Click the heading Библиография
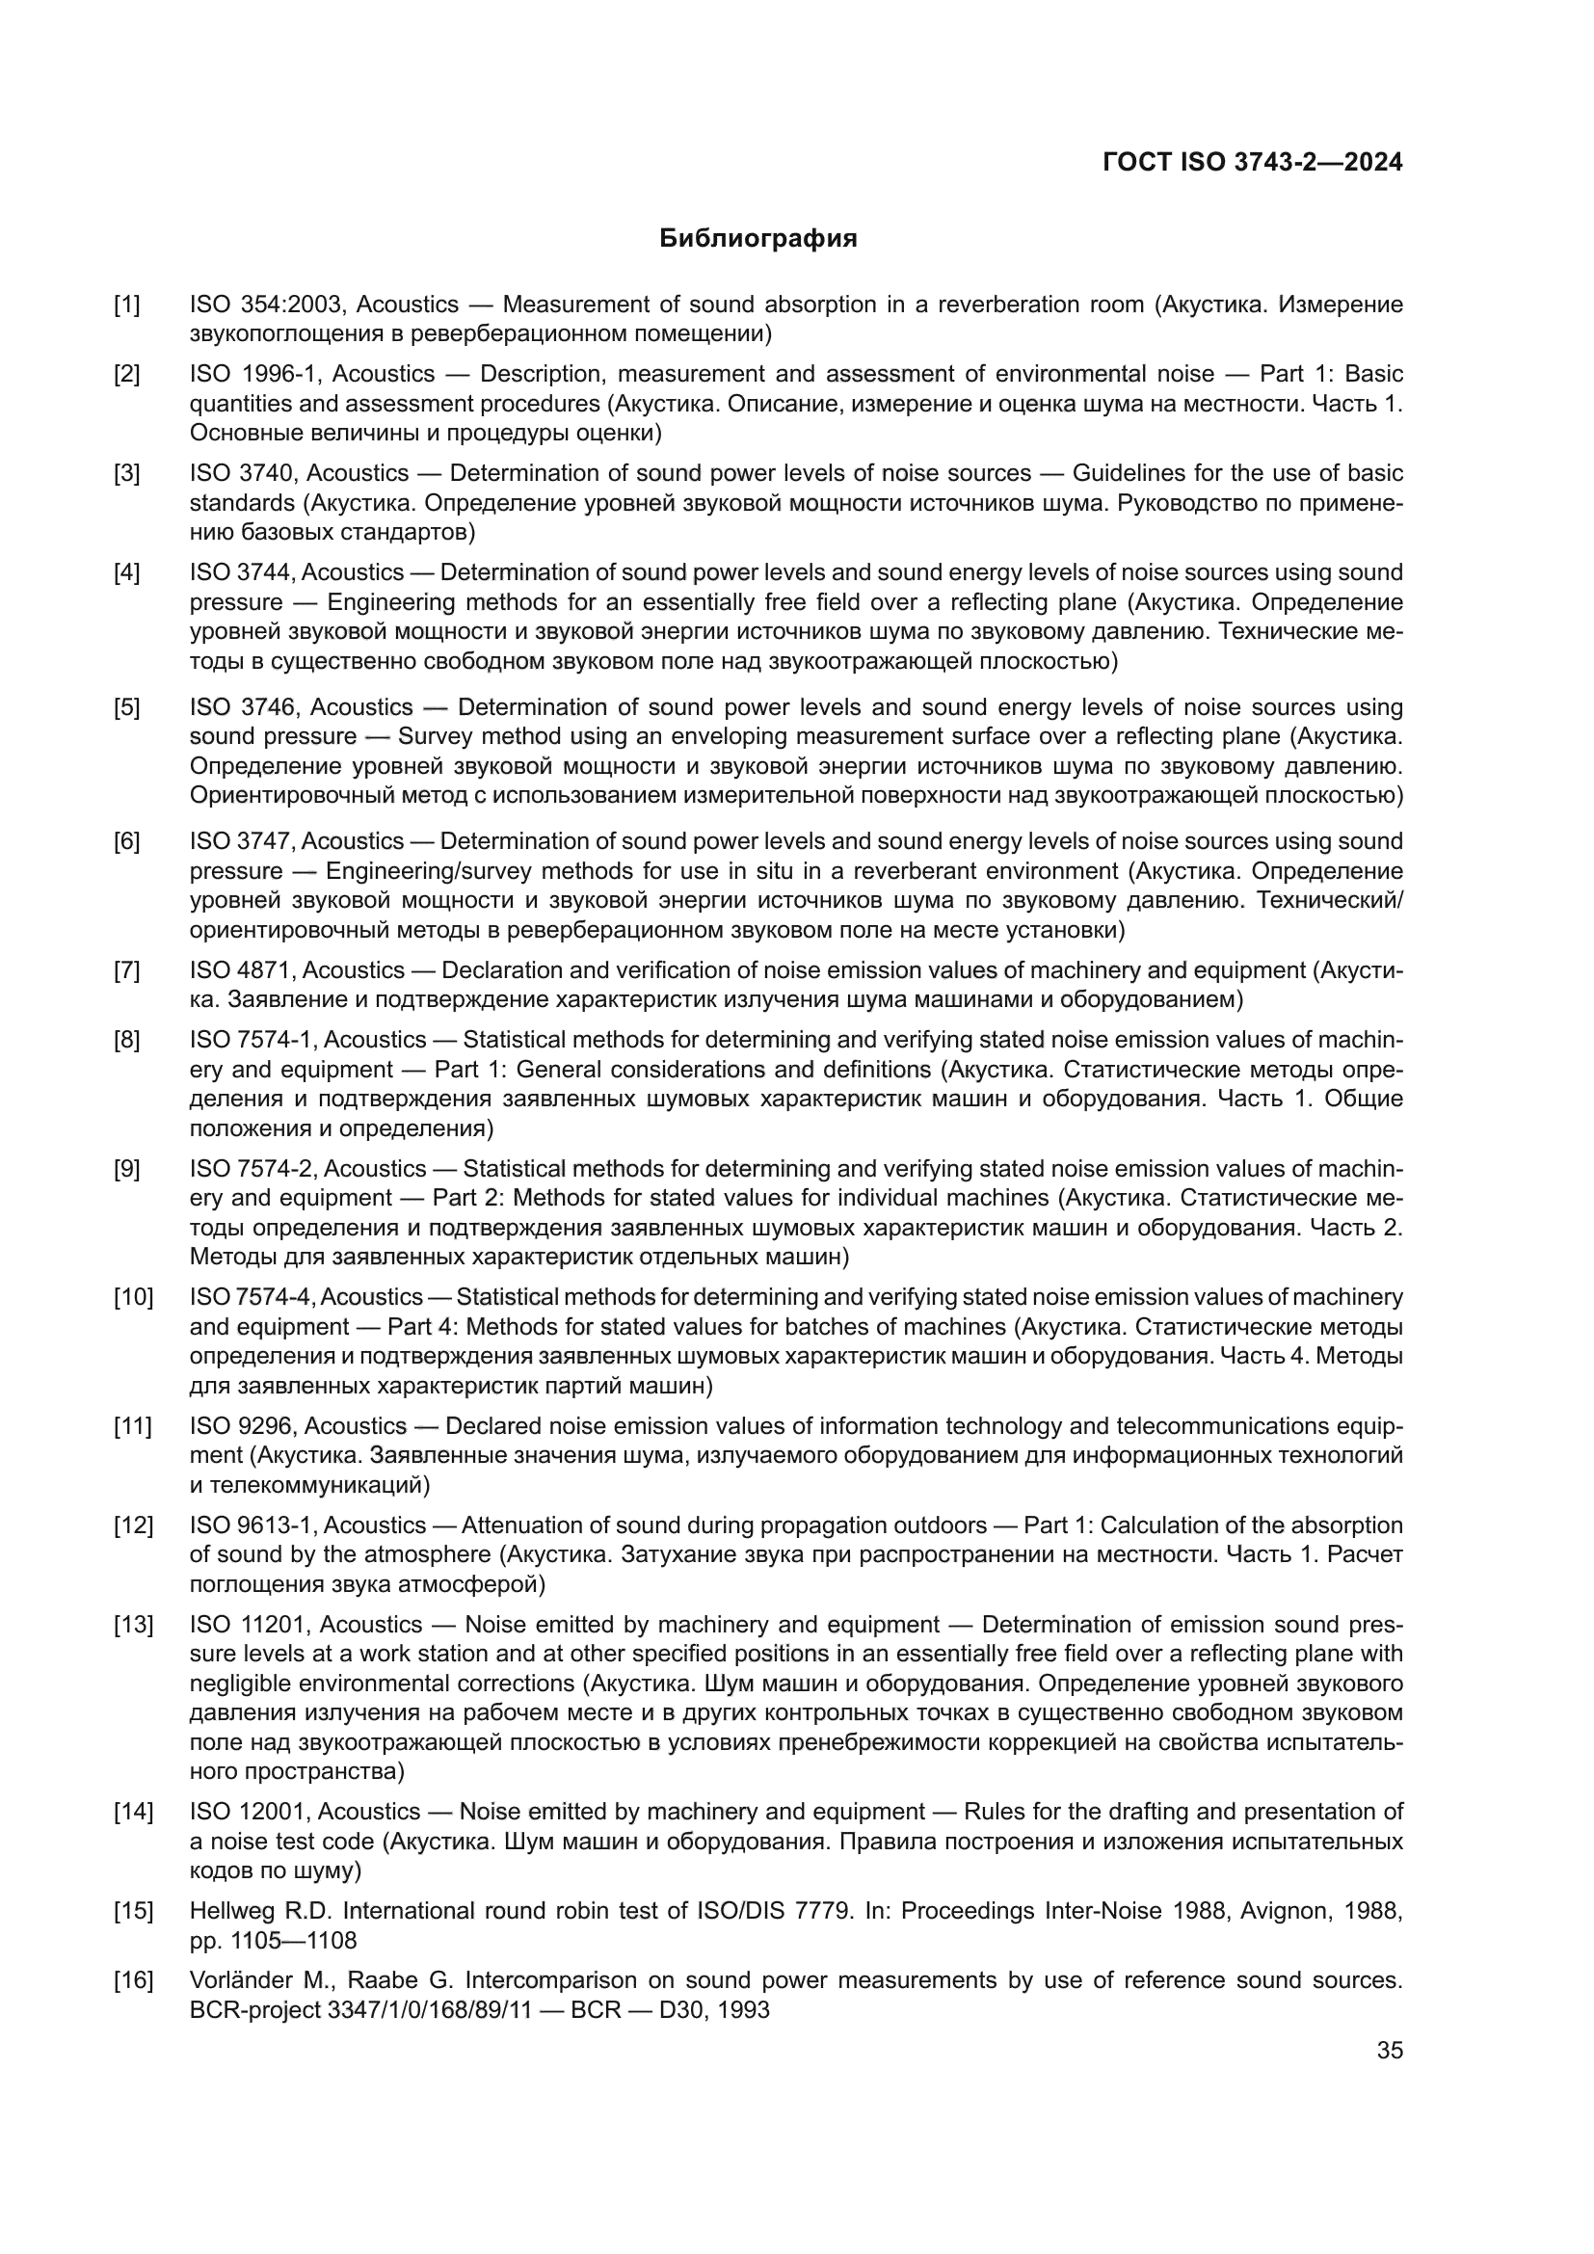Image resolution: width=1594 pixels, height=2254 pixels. pyautogui.click(x=757, y=239)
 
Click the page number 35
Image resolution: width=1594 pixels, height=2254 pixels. pyautogui.click(x=1389, y=2050)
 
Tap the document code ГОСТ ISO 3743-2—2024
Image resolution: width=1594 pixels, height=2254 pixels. pyautogui.click(x=1253, y=163)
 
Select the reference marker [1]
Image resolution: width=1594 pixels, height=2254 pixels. pyautogui.click(x=126, y=305)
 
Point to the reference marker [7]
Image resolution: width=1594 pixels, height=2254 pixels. pyautogui.click(x=126, y=970)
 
